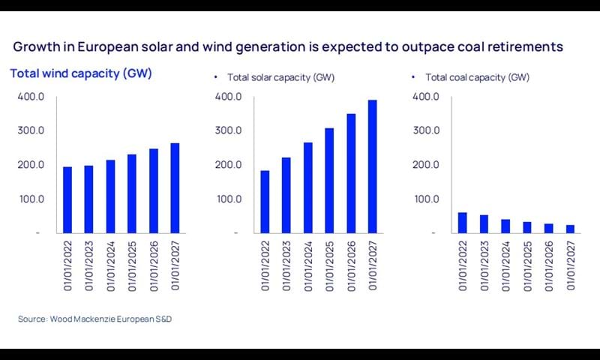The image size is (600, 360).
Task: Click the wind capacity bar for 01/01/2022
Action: click(67, 199)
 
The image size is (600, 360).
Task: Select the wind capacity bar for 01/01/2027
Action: click(175, 187)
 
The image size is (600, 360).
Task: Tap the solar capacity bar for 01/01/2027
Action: click(373, 166)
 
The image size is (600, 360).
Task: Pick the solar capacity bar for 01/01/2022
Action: click(265, 202)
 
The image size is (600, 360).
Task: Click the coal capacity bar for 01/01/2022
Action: click(463, 223)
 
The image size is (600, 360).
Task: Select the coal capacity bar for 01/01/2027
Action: click(570, 229)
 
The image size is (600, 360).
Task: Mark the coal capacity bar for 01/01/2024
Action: click(505, 226)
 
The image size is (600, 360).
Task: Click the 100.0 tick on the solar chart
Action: click(228, 199)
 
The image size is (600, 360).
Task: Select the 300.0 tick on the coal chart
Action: click(427, 130)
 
